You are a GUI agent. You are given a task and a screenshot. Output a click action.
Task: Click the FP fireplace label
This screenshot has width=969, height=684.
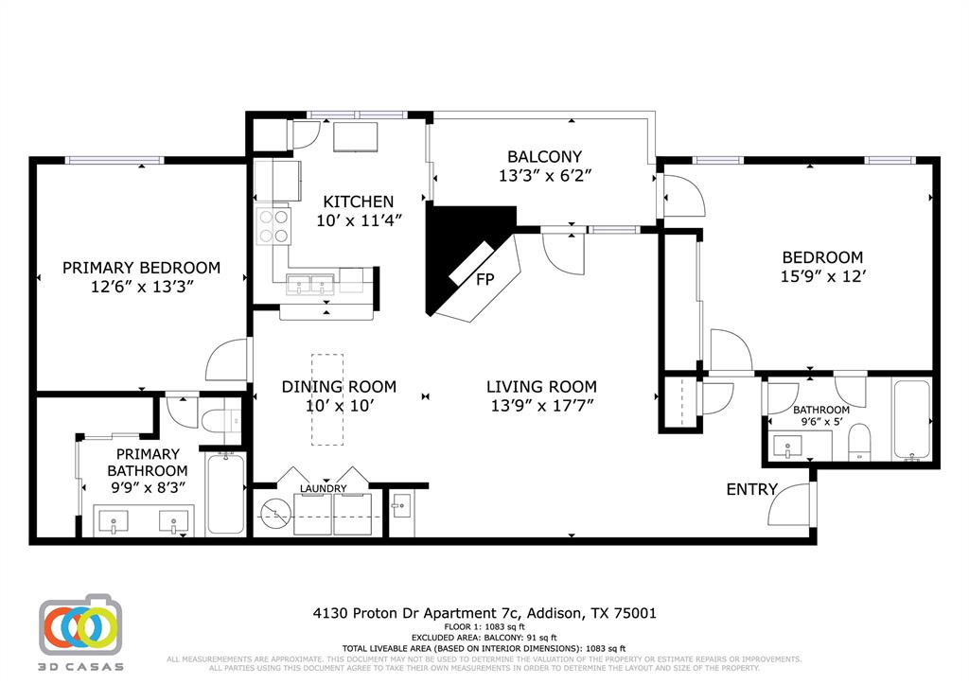tap(485, 279)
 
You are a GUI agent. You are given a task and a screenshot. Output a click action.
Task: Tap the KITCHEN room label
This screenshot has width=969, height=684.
tap(359, 202)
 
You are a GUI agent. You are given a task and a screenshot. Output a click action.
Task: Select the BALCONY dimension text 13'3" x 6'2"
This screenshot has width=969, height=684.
tap(544, 175)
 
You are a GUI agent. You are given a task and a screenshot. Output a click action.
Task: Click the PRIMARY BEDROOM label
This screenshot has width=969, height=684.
tap(141, 268)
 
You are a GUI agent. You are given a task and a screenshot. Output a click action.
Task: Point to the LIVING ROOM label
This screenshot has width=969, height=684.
tap(541, 386)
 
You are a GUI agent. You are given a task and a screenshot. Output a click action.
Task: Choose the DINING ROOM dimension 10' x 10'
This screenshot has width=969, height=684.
tap(339, 405)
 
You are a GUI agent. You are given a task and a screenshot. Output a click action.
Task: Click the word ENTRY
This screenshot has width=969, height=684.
tap(751, 489)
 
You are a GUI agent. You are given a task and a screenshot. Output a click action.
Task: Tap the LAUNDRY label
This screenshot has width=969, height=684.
tap(324, 488)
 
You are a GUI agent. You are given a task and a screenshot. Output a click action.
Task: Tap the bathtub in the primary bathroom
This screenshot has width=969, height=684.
tap(225, 494)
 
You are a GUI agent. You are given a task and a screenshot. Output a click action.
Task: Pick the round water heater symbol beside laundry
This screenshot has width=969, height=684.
tap(275, 514)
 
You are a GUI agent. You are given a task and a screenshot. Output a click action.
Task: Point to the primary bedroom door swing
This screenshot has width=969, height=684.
tap(226, 360)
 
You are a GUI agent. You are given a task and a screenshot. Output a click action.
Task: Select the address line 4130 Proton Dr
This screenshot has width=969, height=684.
tap(484, 613)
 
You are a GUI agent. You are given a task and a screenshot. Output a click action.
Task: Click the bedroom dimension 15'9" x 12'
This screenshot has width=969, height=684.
tap(821, 276)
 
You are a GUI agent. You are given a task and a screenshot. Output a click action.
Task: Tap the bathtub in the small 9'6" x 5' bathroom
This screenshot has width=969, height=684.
tap(912, 419)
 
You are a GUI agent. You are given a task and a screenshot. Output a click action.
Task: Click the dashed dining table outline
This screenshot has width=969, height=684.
tap(327, 399)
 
